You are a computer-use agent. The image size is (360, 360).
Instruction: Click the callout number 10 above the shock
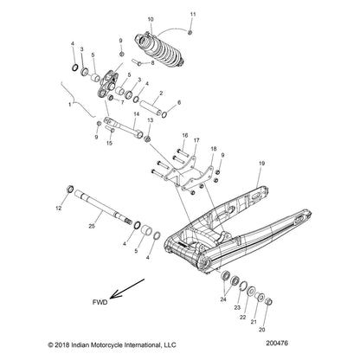tap(152, 19)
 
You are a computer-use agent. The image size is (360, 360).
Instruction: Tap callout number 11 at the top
tap(193, 14)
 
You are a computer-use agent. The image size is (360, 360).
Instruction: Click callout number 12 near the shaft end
tap(60, 209)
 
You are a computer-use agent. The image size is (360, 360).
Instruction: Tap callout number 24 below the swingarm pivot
tap(222, 299)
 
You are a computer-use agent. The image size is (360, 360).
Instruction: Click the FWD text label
tap(101, 302)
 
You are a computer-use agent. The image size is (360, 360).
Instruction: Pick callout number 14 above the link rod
tap(136, 113)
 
